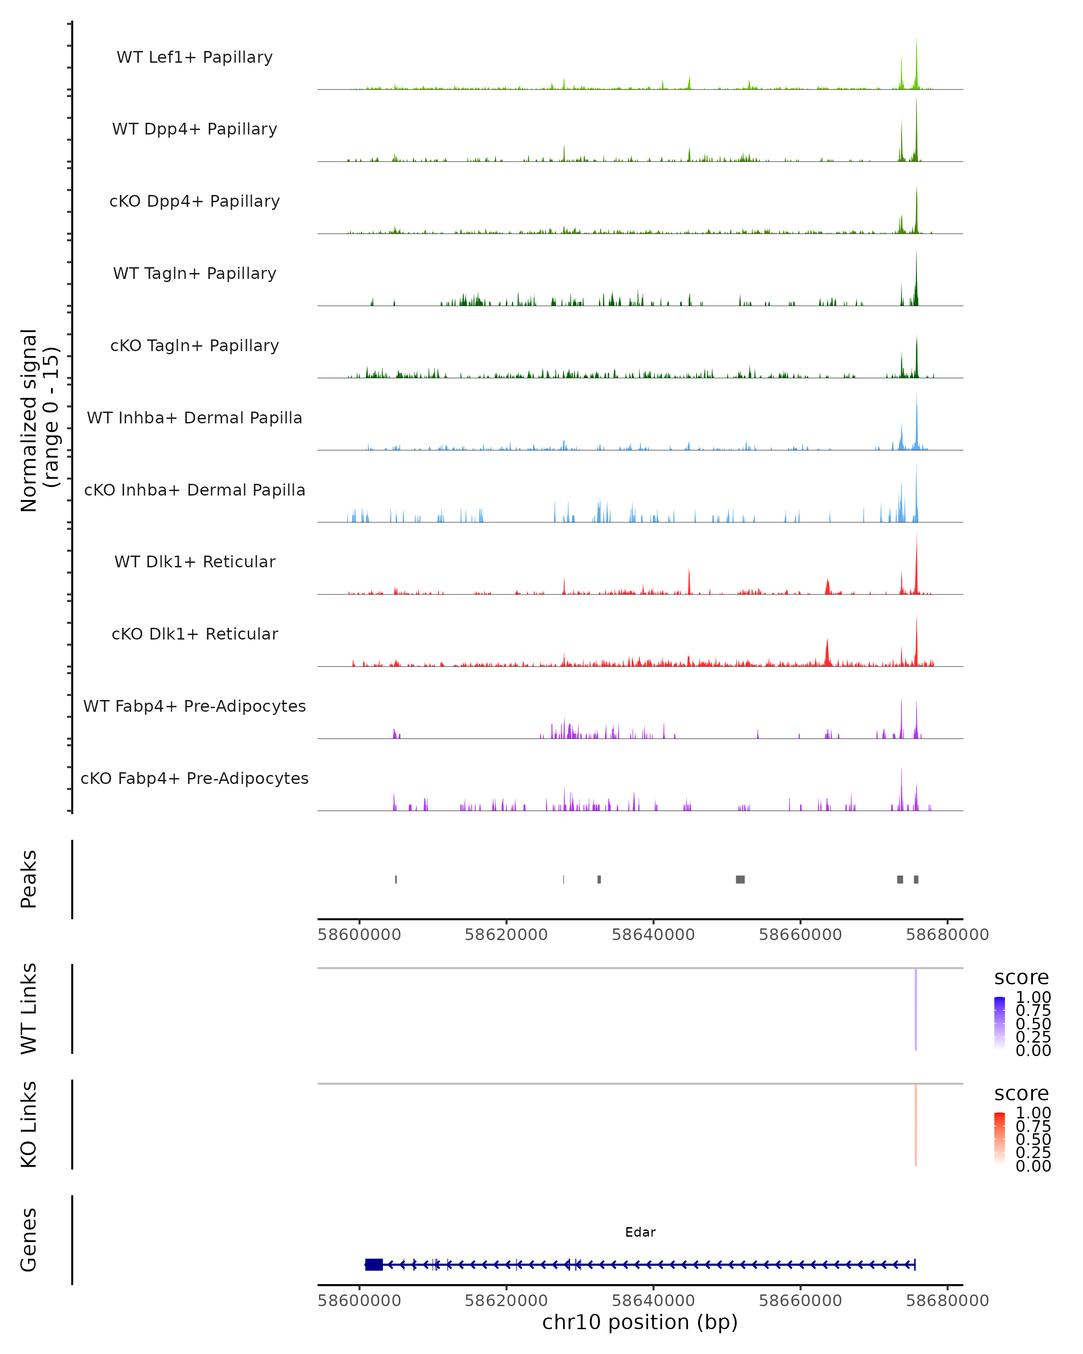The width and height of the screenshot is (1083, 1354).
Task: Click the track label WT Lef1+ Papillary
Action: tap(194, 57)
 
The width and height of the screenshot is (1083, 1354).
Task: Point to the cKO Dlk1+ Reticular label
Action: tap(194, 634)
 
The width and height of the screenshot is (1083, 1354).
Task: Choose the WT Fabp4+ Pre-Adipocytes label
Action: tap(194, 706)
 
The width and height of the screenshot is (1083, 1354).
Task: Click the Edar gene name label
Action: tap(640, 1232)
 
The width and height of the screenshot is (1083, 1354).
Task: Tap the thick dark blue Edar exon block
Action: tap(374, 1264)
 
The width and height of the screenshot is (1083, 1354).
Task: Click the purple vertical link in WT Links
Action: tap(916, 1009)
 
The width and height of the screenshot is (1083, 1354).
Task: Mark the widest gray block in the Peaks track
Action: tap(740, 879)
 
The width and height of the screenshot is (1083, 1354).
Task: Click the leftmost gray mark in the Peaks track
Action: tap(396, 879)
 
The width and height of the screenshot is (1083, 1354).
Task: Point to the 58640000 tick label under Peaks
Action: tap(653, 935)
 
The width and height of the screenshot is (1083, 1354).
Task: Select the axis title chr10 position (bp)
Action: tap(640, 1322)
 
